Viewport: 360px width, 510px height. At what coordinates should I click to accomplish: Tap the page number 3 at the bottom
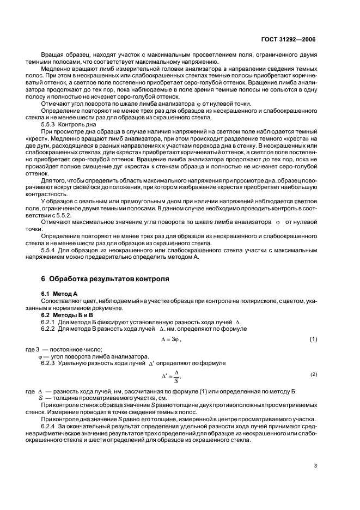315,465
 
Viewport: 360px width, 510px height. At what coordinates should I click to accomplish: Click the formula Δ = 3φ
171,339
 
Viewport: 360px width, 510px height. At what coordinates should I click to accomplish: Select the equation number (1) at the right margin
313,339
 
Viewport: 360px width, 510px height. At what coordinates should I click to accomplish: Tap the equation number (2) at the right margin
314,375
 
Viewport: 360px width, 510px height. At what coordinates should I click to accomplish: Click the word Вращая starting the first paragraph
52,55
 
